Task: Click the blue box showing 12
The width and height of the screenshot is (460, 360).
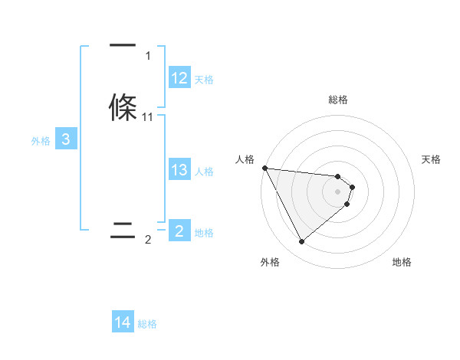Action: coord(179,78)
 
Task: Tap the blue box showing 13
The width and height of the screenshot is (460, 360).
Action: coord(179,171)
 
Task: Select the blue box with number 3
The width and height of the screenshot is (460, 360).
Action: coord(66,140)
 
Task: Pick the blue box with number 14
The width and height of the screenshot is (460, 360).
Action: coord(123,323)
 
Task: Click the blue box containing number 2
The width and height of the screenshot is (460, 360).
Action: coord(179,231)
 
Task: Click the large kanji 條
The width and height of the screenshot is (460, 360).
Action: coord(123,106)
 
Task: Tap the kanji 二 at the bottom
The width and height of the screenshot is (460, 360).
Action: coord(123,231)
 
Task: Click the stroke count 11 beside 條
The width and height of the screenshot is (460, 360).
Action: coord(148,116)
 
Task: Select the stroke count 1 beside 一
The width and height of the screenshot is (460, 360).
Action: coord(148,56)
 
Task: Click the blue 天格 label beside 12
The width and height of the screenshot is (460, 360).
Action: coord(204,79)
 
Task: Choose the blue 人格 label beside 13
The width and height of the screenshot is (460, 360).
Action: coord(204,172)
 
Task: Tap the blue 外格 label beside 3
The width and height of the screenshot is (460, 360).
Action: coord(40,141)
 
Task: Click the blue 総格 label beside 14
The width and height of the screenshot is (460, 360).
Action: coord(148,324)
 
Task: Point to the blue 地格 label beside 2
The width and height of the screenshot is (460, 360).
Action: coord(204,233)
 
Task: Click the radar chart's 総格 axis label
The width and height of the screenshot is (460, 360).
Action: coord(338,100)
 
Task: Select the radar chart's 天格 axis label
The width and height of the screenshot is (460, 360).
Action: coord(432,159)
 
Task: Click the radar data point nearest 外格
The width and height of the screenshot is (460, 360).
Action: coord(301,241)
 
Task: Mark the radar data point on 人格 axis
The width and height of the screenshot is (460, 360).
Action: coord(264,168)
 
